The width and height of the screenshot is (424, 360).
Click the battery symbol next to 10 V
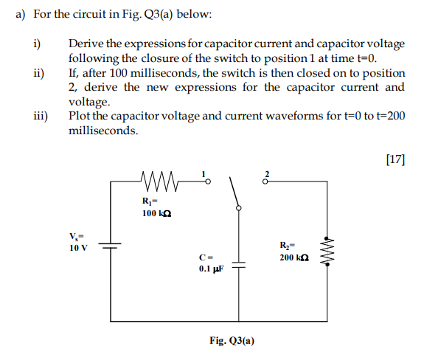[x=111, y=248]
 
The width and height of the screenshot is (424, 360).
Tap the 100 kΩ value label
[x=156, y=213]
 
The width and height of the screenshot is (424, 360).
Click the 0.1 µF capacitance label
[x=210, y=269]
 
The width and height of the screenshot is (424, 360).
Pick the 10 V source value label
[x=77, y=247]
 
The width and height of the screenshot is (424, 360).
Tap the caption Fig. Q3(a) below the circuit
[x=232, y=341]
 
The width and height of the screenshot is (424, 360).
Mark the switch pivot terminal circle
[x=239, y=209]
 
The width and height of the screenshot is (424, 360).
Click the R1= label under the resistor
[x=152, y=200]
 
